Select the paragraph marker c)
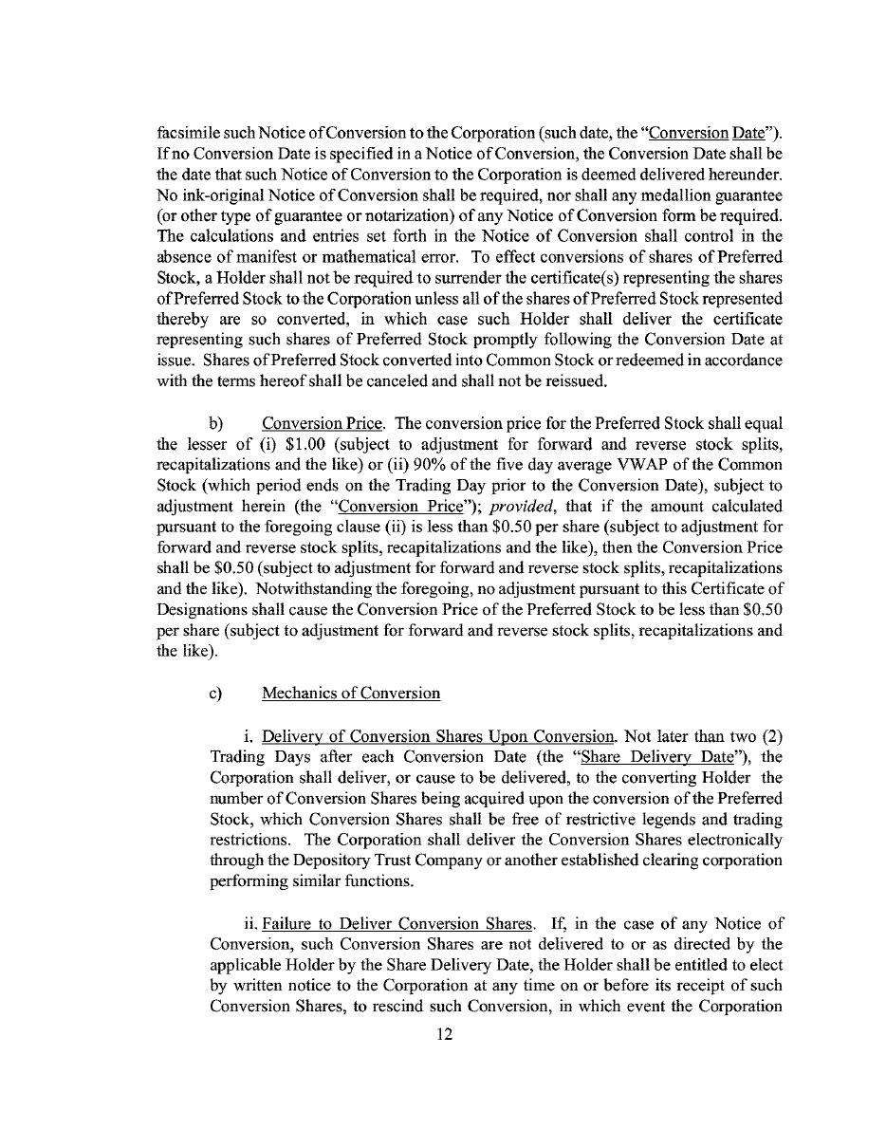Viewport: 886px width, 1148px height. [x=214, y=694]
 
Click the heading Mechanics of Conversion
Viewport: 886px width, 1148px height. [x=351, y=694]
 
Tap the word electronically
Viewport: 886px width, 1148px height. [x=728, y=840]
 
